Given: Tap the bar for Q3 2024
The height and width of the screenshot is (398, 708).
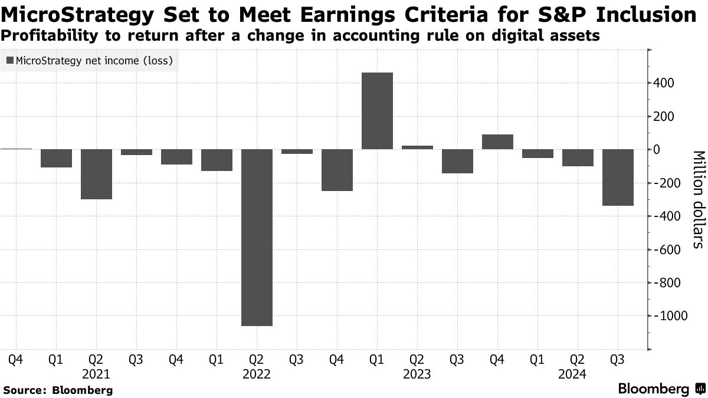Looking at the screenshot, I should point(618,177).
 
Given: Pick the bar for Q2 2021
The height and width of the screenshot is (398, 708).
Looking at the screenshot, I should point(96,174).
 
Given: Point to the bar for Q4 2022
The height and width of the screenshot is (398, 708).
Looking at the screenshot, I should point(337,170).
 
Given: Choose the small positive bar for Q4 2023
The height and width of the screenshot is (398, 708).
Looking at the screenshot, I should point(497,142).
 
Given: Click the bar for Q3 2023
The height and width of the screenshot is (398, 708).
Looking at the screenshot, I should point(457,161).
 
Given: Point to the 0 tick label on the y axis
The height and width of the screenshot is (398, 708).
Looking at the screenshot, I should point(655,150).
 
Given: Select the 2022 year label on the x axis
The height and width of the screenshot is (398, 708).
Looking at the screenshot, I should point(257,374).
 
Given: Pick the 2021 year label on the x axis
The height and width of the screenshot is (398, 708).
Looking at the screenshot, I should point(96,374).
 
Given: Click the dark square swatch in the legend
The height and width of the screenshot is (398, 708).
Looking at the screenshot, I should point(9,61).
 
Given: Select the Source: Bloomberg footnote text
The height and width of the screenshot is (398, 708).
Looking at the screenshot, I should point(57,390).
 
